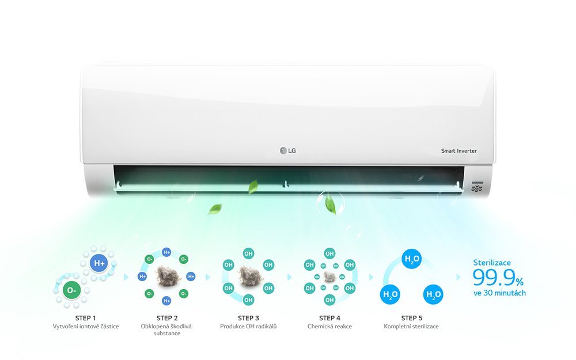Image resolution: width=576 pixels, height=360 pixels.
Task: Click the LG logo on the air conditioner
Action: [x=287, y=150]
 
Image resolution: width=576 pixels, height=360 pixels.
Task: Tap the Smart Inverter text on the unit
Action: [x=459, y=150]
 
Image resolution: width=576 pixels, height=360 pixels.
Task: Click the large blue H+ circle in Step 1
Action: [x=99, y=263]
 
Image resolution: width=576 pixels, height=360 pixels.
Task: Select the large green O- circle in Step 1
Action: [x=71, y=290]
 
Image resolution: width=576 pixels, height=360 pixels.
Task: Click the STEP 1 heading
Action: [x=86, y=318]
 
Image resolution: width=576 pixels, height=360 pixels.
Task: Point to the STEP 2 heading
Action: [x=167, y=318]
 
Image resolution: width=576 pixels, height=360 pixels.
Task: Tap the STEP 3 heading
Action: [x=248, y=318]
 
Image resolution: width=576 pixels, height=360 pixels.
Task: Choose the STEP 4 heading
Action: [x=329, y=318]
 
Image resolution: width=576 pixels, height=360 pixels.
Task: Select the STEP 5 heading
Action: [x=411, y=318]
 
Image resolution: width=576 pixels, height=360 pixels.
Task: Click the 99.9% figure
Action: [x=498, y=278]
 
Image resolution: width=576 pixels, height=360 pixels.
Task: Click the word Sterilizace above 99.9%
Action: [x=492, y=263]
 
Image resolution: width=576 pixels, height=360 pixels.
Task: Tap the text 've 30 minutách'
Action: [x=499, y=293]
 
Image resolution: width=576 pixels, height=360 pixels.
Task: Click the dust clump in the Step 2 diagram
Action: [x=167, y=276]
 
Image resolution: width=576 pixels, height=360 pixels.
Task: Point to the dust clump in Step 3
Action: [x=249, y=276]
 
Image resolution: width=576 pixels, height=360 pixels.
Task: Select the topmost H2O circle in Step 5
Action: [x=411, y=259]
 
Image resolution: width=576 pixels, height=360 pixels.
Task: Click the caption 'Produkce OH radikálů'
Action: [x=248, y=326]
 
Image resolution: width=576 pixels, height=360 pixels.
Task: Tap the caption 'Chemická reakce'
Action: [x=329, y=326]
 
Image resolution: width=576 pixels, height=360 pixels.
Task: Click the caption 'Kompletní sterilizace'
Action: [x=411, y=326]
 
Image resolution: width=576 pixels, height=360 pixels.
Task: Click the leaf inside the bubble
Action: [x=330, y=204]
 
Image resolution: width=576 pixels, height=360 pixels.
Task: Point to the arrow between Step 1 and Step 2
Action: [x=126, y=277]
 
